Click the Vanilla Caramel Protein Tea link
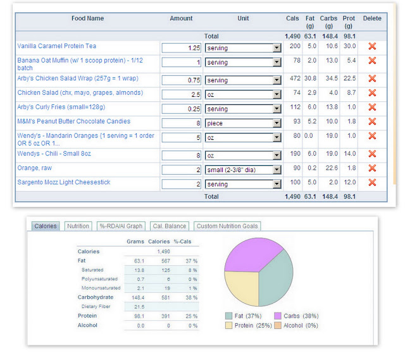pyautogui.click(x=56, y=46)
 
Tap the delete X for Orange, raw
pyautogui.click(x=372, y=168)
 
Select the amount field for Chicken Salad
pyautogui.click(x=182, y=94)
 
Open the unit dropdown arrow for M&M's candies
pyautogui.click(x=277, y=123)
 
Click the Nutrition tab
pyautogui.click(x=78, y=226)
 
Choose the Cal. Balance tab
pyautogui.click(x=170, y=226)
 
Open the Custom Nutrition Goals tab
pyautogui.click(x=227, y=226)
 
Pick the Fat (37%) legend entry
pyautogui.click(x=243, y=316)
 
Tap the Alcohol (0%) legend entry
pyautogui.click(x=296, y=325)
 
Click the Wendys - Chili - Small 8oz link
pyautogui.click(x=54, y=154)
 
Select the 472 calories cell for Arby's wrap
pyautogui.click(x=295, y=78)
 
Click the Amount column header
pyautogui.click(x=181, y=18)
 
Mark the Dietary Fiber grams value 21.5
pyautogui.click(x=139, y=307)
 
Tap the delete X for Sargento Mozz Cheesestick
pyautogui.click(x=372, y=182)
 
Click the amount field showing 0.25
pyautogui.click(x=182, y=109)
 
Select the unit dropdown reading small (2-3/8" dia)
pyautogui.click(x=243, y=170)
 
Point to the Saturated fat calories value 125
pyautogui.click(x=166, y=270)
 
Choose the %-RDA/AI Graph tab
pyautogui.click(x=121, y=226)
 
